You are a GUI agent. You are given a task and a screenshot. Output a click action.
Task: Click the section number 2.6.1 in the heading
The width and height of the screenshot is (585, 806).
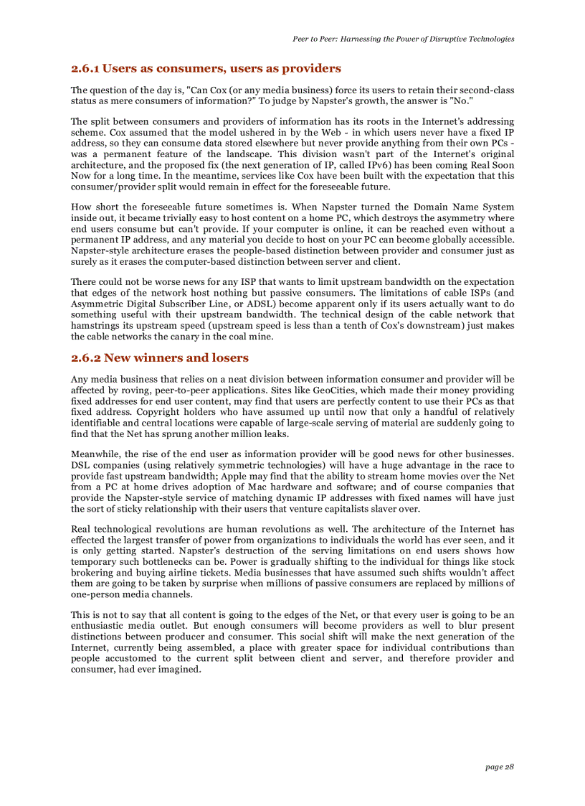pos(85,69)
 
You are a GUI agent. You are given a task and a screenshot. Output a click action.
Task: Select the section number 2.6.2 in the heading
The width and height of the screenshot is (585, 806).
pos(85,357)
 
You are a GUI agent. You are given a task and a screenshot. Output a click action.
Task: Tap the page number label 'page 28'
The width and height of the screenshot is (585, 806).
pos(500,767)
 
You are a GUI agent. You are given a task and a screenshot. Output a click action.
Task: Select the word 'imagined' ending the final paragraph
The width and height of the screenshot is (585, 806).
pos(179,670)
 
